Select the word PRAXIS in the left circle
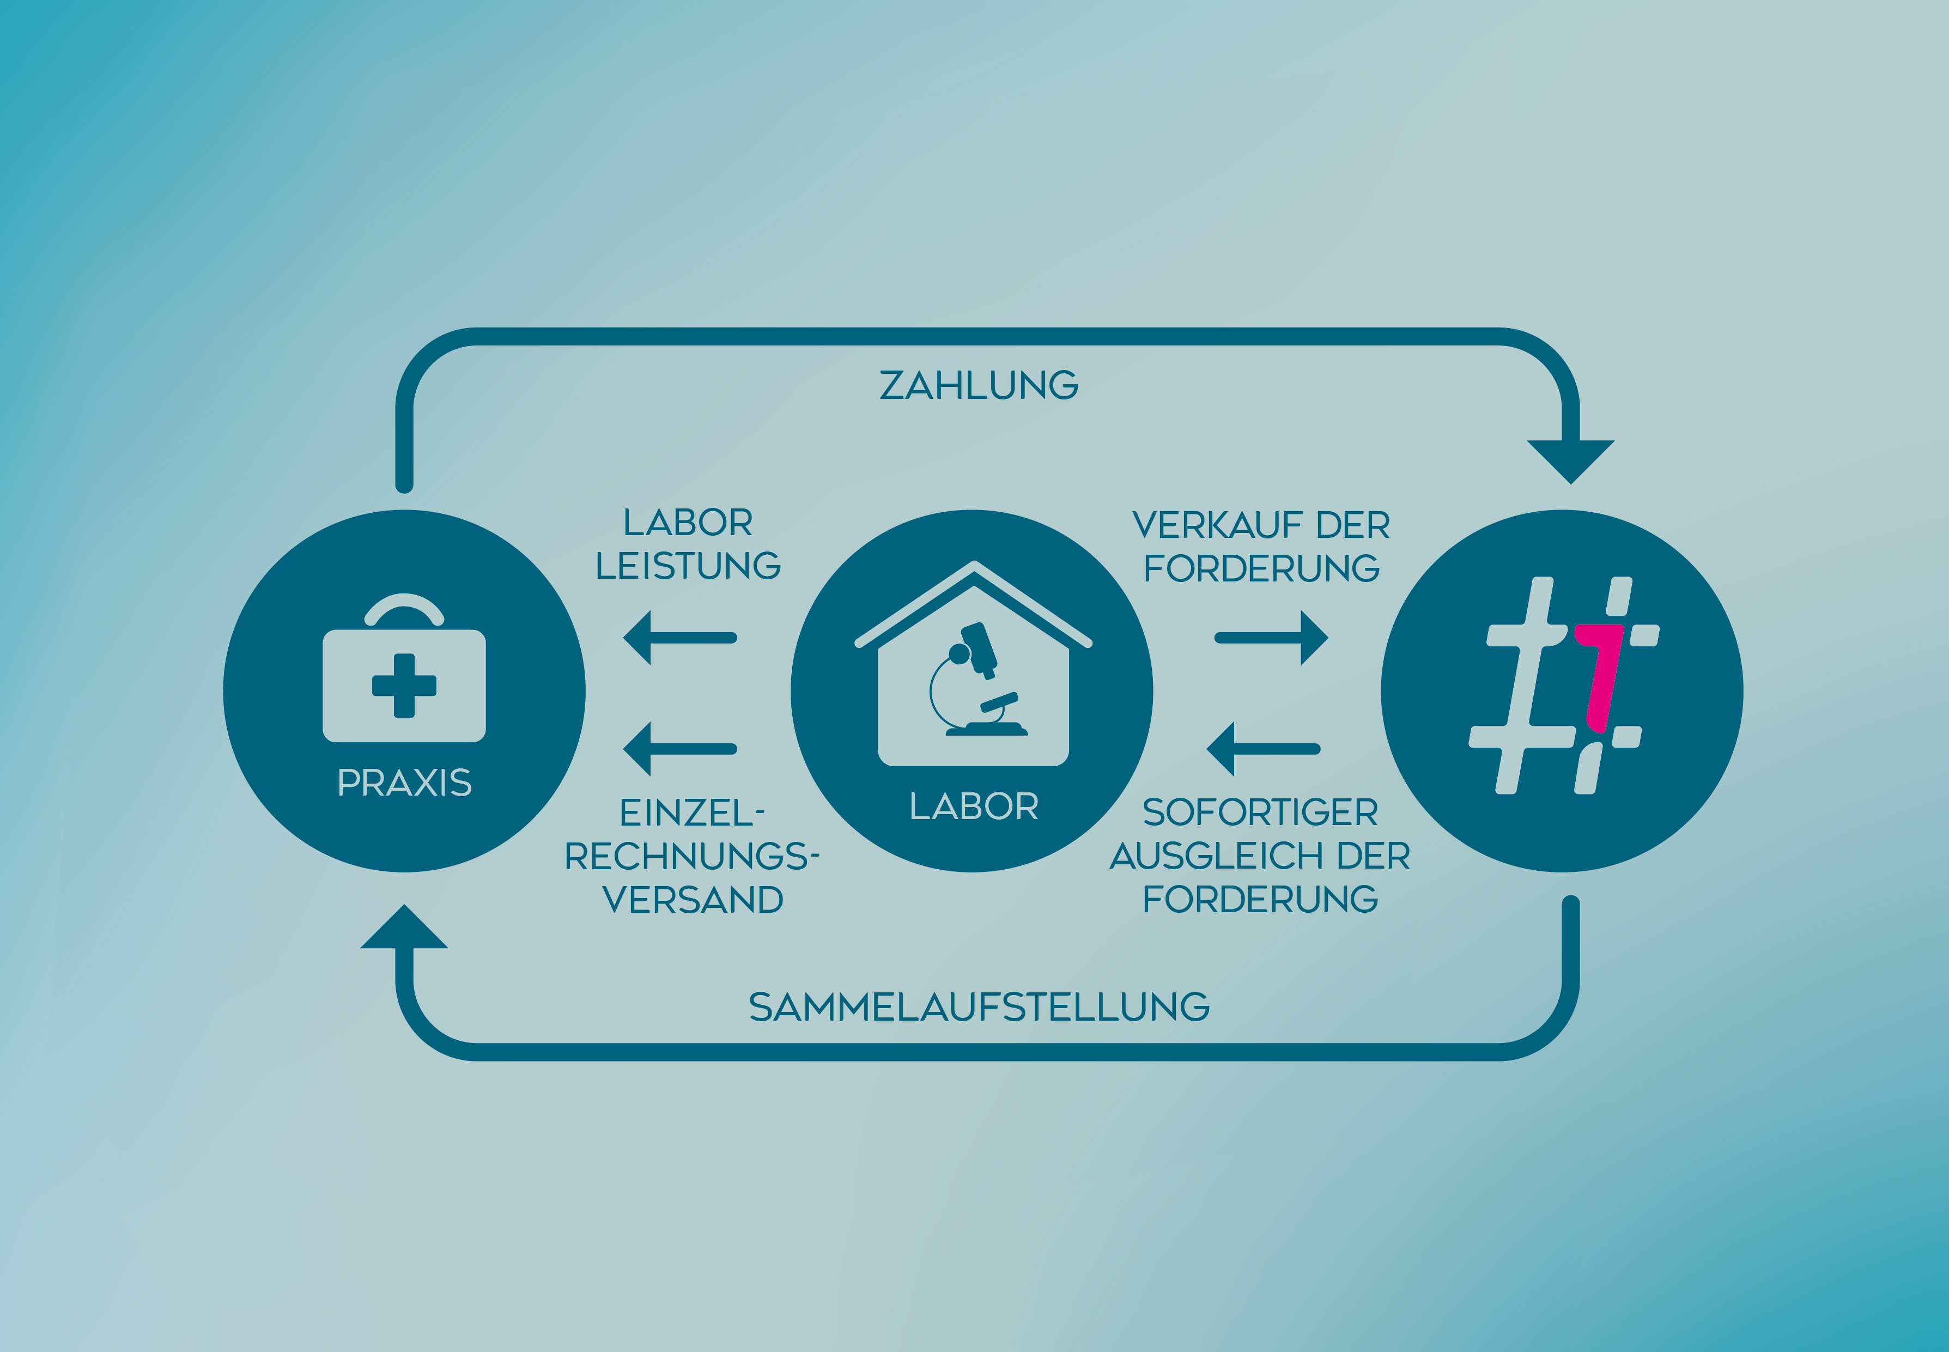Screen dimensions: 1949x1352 404,783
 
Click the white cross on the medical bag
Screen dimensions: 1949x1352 404,686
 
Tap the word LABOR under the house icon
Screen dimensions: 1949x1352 974,807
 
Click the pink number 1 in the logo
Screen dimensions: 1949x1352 1601,678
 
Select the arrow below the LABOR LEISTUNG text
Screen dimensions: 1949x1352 679,637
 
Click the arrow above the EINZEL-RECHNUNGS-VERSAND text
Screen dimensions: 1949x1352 679,749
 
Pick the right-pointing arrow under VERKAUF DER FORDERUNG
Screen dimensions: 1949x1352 1271,637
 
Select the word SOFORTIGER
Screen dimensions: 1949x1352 1260,813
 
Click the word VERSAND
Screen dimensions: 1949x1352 693,900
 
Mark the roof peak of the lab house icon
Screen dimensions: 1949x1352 974,566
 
